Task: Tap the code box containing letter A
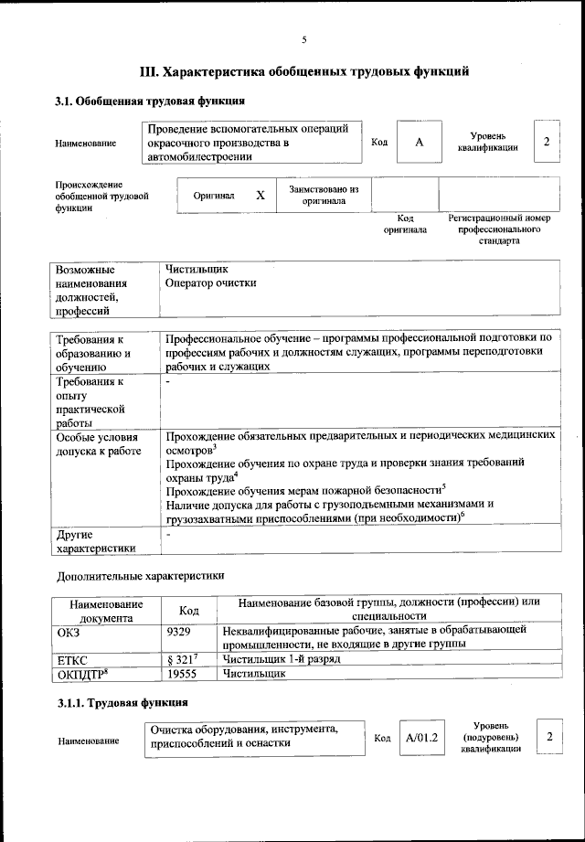pos(419,143)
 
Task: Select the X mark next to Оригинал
pos(261,196)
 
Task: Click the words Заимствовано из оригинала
pos(324,195)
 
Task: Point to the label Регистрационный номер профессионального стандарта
pos(498,230)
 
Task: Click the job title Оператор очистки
pos(211,283)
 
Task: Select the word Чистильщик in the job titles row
pos(197,270)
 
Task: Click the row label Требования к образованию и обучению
pos(93,353)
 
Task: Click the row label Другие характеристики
pos(96,541)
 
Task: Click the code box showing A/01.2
pos(422,737)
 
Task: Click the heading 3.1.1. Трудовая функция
pos(122,702)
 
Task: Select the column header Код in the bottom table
pos(188,610)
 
